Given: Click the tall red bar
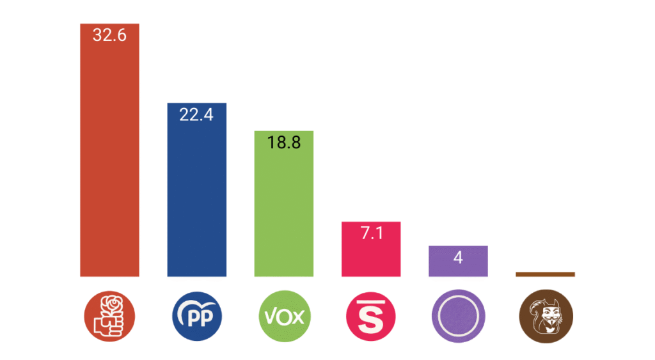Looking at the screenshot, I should (x=109, y=160).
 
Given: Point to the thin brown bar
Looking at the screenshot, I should (x=545, y=274).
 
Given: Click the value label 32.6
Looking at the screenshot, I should (x=109, y=35).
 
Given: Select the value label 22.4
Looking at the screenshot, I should (x=196, y=115).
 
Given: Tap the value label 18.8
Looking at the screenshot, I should (x=284, y=143).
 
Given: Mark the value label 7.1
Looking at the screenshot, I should (x=371, y=233).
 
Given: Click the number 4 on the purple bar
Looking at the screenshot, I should (x=458, y=258).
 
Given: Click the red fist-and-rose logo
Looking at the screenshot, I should (x=109, y=315).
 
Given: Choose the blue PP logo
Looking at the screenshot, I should (x=196, y=315).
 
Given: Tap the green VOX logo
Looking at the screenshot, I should (x=284, y=315).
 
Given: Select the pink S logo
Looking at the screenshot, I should (x=371, y=315).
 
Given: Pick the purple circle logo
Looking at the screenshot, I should (x=458, y=315).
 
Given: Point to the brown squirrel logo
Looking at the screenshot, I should (x=545, y=315).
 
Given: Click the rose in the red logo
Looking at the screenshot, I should (x=113, y=303).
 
